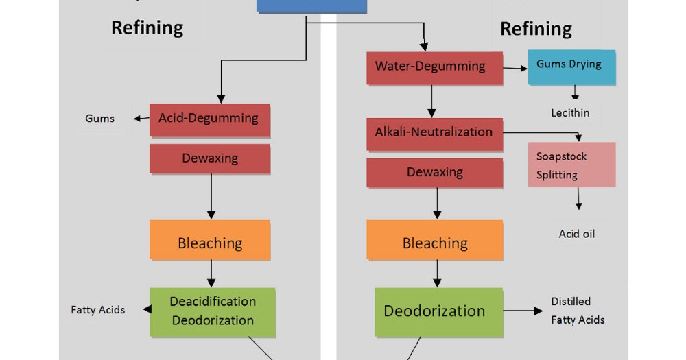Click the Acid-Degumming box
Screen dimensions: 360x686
coord(209,119)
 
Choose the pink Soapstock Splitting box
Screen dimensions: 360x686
coord(571,165)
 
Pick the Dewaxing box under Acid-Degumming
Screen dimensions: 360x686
coord(209,158)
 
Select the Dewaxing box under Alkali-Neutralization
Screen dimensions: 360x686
coord(434,172)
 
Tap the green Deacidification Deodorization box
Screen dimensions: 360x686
coord(213,311)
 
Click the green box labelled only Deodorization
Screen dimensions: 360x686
coord(434,311)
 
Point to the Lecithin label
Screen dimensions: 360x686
coord(570,113)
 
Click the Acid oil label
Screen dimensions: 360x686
coord(576,234)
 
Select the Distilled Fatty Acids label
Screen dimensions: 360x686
coord(577,311)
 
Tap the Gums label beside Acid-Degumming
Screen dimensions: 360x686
coord(99,119)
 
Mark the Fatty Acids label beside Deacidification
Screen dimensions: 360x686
coord(98,310)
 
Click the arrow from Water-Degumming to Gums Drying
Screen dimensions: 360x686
coord(514,68)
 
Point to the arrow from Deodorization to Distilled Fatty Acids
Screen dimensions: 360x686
coord(523,311)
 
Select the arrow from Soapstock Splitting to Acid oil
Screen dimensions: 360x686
coord(578,198)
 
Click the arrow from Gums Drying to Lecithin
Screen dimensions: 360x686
coord(575,93)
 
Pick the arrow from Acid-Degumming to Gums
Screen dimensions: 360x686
coord(141,119)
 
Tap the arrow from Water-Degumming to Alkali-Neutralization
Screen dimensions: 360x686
coord(431,101)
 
